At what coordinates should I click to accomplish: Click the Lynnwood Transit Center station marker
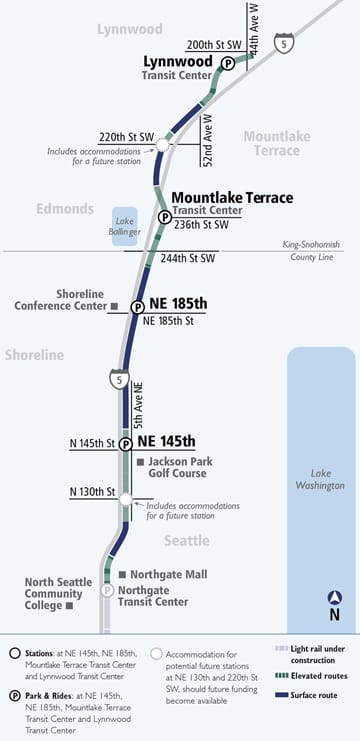(227, 62)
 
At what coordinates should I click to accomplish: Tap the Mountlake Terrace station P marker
(164, 217)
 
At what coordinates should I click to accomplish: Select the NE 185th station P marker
(138, 307)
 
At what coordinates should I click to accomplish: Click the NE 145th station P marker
(126, 444)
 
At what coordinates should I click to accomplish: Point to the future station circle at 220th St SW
(162, 145)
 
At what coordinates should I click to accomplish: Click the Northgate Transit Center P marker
(107, 590)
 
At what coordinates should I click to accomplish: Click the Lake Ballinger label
(124, 226)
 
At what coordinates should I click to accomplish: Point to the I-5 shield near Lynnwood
(287, 44)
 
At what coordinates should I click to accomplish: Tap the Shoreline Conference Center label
(65, 300)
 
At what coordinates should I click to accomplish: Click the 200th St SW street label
(213, 46)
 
